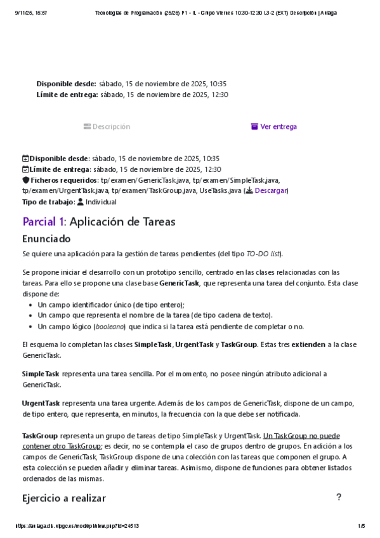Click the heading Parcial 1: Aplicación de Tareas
pos(98,221)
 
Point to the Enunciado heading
pos(46,239)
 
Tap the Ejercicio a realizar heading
pos(63,498)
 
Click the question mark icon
pos(339,497)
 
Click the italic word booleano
pos(109,327)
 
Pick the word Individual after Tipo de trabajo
pos(101,202)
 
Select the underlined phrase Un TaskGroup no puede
pos(301,436)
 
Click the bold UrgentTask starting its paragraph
pos(41,403)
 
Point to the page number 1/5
pos(362,526)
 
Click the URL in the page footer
pos(76,526)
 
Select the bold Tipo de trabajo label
pos(48,202)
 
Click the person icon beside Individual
pos(80,202)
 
